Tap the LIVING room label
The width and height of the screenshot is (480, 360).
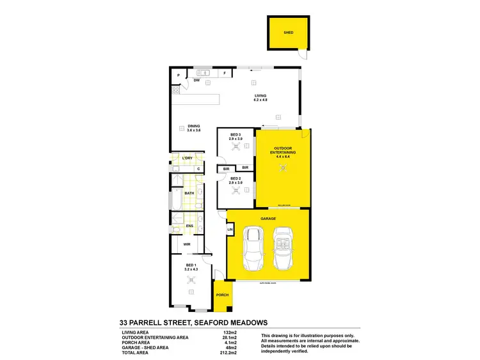tap(260, 95)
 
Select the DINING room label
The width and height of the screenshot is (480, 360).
tap(194, 126)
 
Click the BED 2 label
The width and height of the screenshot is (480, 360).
tap(236, 178)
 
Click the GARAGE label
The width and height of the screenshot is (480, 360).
tap(268, 218)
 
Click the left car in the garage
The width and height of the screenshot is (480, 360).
tap(254, 249)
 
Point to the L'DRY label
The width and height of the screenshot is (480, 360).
tap(188, 158)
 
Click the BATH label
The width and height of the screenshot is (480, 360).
tap(189, 192)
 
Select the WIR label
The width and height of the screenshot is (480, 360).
tap(188, 244)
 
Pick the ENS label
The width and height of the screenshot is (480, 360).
tap(189, 226)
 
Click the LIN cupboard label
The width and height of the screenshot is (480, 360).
tap(230, 230)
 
